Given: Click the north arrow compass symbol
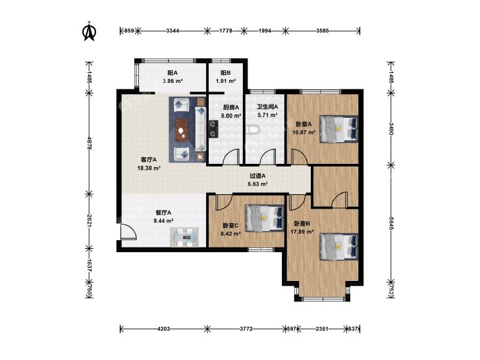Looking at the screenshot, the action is point(89,31).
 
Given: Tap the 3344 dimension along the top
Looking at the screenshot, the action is point(173,31).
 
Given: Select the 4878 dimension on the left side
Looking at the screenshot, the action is point(90,143).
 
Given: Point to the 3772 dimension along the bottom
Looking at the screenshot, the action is point(246,329).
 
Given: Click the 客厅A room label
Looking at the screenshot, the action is point(149,160).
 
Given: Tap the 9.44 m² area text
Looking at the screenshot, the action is point(164,220).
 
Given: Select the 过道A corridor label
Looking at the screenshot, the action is point(257,176).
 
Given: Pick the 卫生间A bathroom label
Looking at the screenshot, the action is point(267,107).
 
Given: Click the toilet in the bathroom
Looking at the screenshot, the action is point(253,130).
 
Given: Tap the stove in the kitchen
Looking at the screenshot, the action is point(213,129).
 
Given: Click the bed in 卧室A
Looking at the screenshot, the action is point(338,129).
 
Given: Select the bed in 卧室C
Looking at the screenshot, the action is point(265,218).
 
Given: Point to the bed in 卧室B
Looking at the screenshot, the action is point(338,247).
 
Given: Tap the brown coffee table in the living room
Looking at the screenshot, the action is point(182,130).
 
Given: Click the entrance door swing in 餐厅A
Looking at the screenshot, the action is point(128,232).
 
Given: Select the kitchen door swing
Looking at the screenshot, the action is point(231,157).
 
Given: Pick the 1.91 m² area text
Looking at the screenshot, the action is point(226,82).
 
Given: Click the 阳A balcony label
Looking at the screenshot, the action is point(173,73).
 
